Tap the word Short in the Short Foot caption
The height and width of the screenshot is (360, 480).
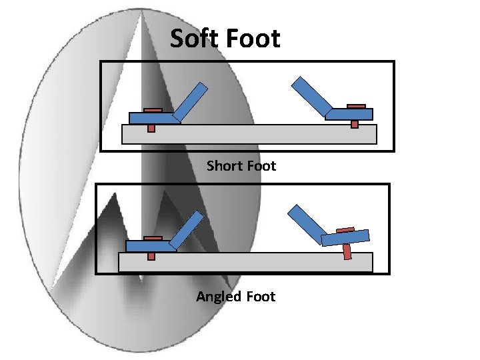(225, 165)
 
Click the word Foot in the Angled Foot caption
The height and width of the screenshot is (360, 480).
(260, 296)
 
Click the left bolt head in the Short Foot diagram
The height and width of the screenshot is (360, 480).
(153, 110)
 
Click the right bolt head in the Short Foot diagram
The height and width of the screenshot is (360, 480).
(357, 106)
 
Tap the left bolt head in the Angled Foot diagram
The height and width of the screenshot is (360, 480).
(153, 238)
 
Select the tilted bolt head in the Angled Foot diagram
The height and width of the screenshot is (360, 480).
(345, 230)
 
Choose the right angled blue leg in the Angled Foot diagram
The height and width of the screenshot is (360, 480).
(305, 223)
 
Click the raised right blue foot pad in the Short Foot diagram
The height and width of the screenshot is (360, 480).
(350, 114)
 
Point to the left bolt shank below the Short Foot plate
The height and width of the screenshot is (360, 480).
(151, 128)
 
